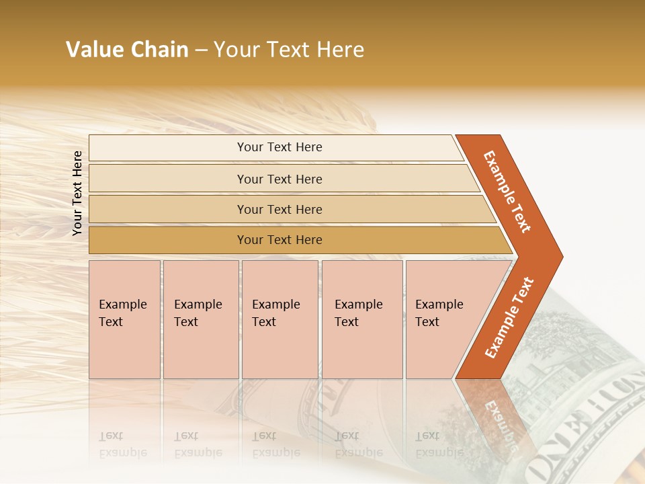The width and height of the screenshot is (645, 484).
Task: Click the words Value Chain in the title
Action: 127,50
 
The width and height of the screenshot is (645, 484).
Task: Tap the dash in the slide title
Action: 201,50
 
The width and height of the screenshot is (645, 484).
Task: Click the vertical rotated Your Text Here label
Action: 77,193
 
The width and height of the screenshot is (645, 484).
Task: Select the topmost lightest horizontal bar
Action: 279,147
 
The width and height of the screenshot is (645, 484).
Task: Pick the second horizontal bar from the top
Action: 279,179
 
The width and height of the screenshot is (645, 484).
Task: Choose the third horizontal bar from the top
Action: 279,209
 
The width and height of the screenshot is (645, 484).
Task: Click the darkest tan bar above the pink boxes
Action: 279,240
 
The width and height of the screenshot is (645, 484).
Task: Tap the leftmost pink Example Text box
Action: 124,319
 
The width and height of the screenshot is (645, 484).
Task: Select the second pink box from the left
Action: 200,319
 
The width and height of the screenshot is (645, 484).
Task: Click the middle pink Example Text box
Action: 279,319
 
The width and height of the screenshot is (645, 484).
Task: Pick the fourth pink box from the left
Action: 362,319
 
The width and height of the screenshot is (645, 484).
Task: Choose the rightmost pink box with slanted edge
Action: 443,319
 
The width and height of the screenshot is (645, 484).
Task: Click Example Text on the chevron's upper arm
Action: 508,192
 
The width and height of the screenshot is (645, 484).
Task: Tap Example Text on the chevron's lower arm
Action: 509,317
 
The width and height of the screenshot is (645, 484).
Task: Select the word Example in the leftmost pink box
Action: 122,305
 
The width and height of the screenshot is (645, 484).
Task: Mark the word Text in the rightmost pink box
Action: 427,322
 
